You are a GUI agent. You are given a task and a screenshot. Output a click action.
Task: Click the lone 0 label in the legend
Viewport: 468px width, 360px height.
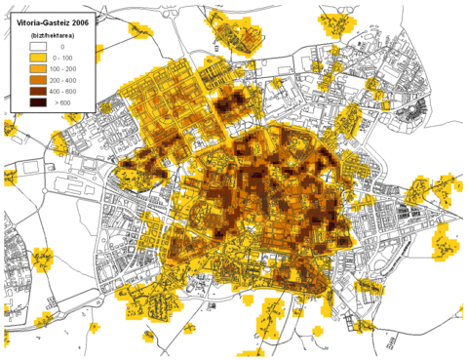[62, 46]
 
